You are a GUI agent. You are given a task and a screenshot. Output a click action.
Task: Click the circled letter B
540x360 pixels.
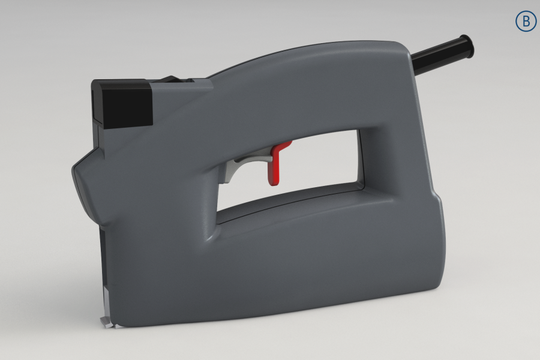526,22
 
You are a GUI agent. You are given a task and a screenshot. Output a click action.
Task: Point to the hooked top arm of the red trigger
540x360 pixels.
283,146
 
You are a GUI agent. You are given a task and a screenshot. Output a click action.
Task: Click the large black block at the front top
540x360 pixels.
122,104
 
